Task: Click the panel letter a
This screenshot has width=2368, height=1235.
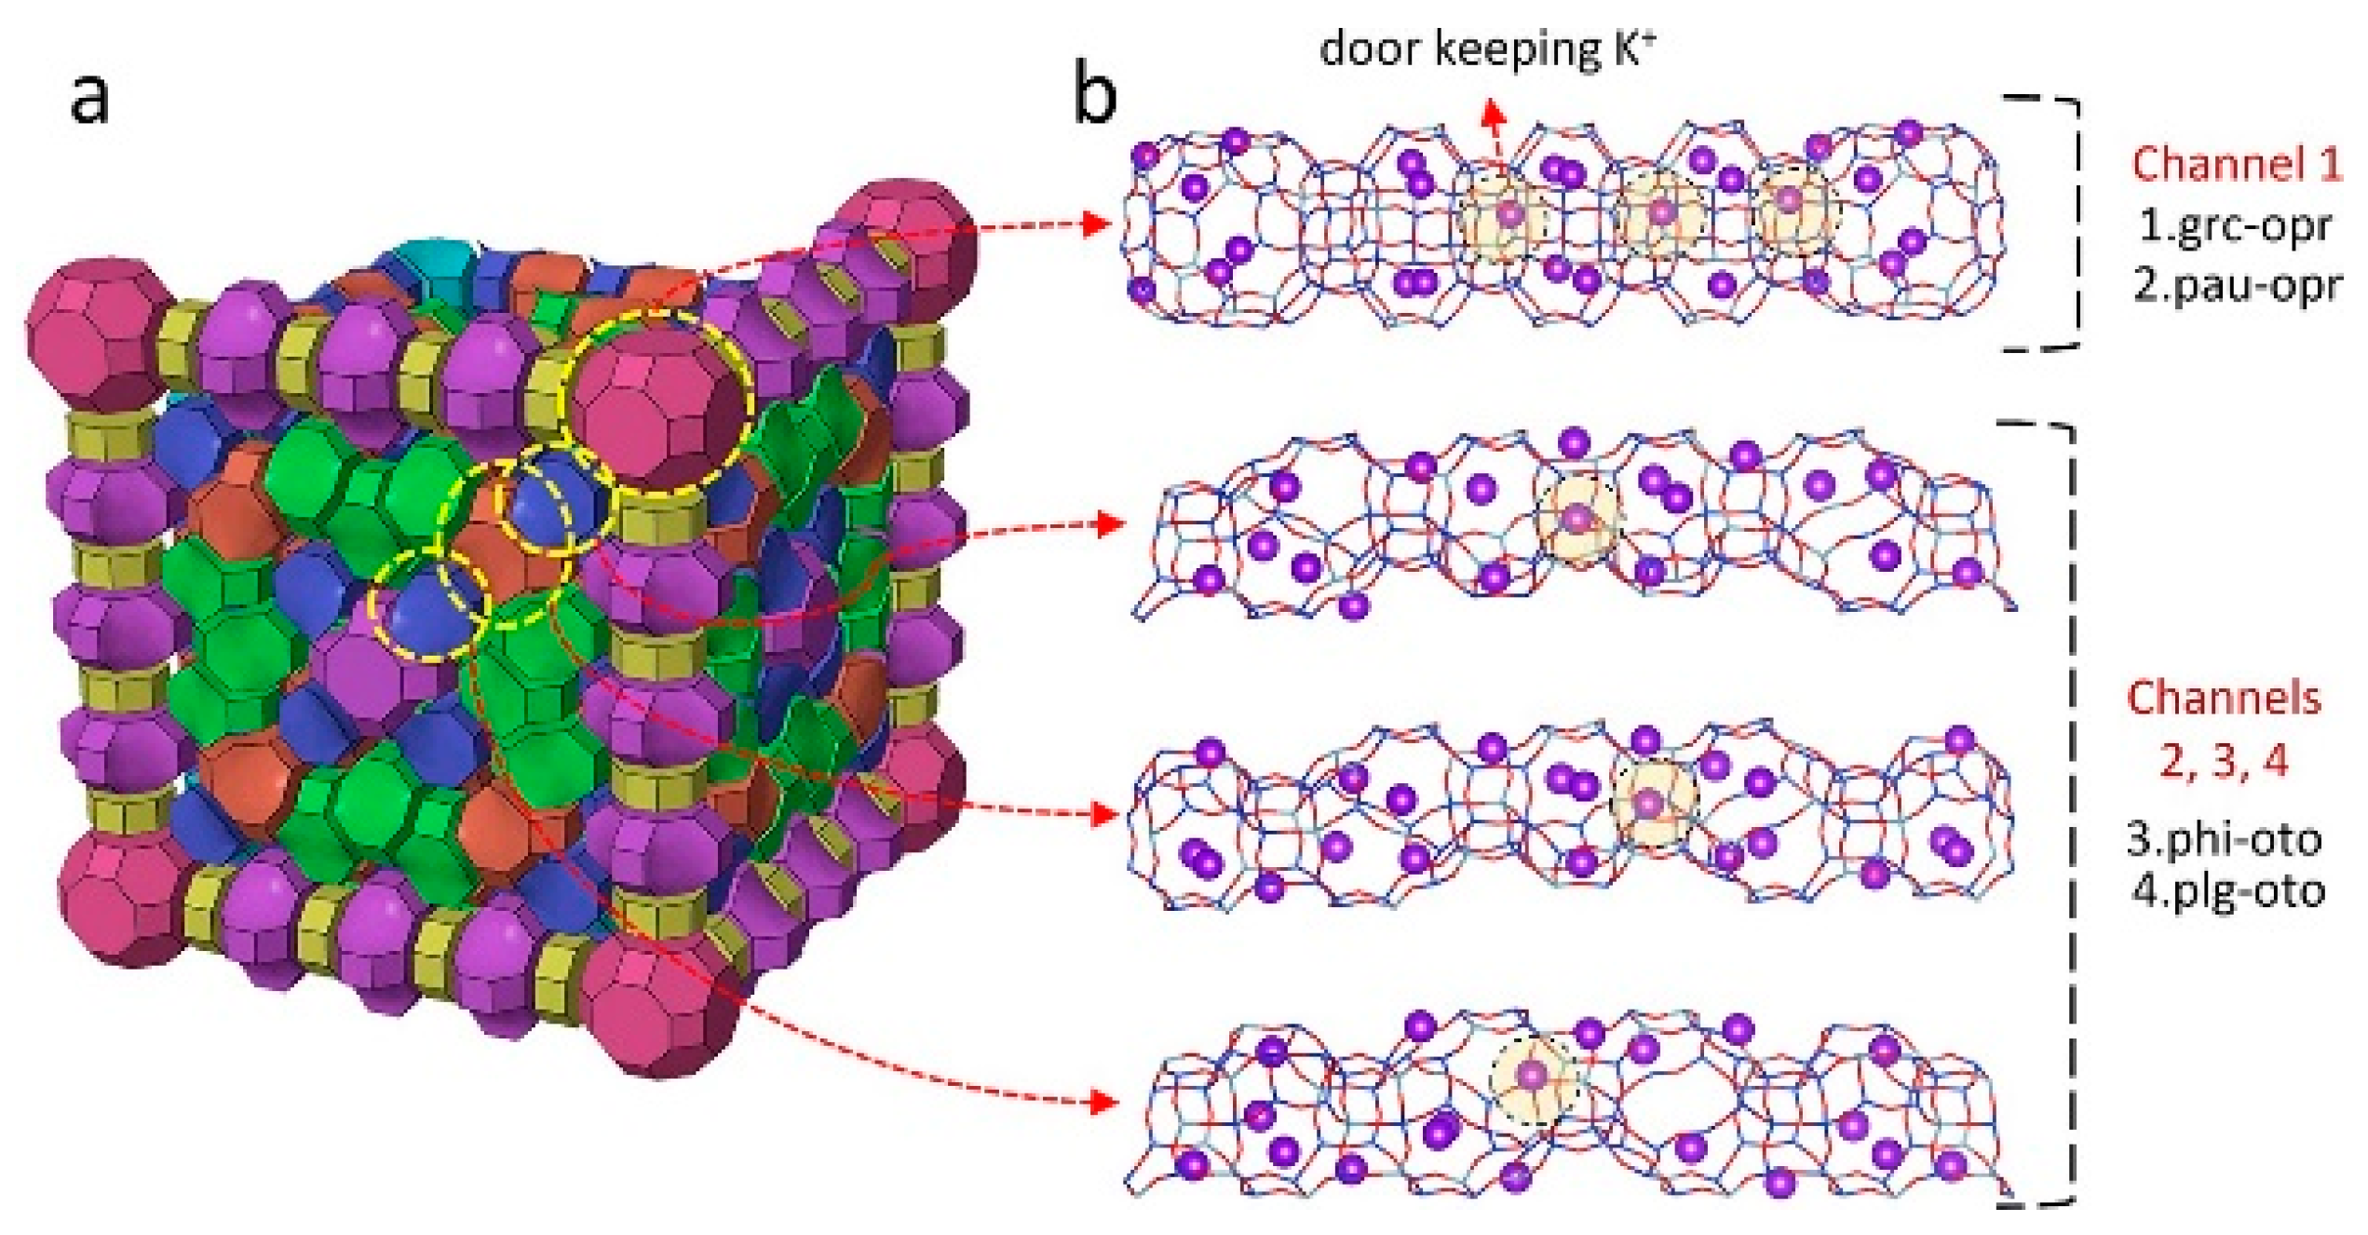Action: tap(89, 98)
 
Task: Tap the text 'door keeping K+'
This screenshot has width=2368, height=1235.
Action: tap(1487, 49)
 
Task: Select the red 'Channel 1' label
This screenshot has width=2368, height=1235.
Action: tap(2236, 164)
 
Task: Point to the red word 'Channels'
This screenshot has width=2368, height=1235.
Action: tap(2224, 699)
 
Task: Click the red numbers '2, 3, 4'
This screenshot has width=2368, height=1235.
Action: tap(2224, 760)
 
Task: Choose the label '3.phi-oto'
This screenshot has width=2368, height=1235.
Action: tap(2224, 839)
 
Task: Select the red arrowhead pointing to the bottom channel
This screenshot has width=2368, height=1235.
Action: tap(1104, 1104)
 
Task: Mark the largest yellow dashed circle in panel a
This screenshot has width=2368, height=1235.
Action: tap(657, 400)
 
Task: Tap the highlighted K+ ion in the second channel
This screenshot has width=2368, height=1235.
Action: tap(1576, 519)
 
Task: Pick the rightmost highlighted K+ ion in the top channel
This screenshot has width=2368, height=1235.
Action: tap(1788, 199)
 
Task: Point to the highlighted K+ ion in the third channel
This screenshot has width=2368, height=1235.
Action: tap(1649, 802)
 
